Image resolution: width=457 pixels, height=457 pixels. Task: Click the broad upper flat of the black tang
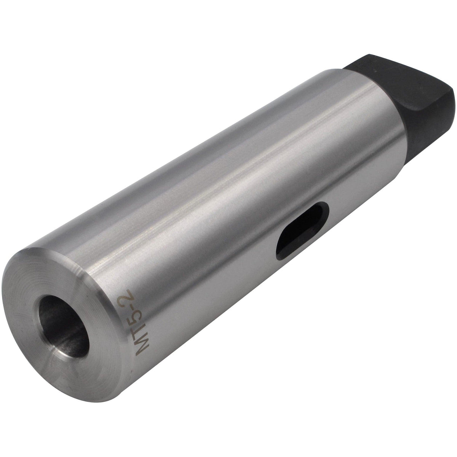point(396,69)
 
